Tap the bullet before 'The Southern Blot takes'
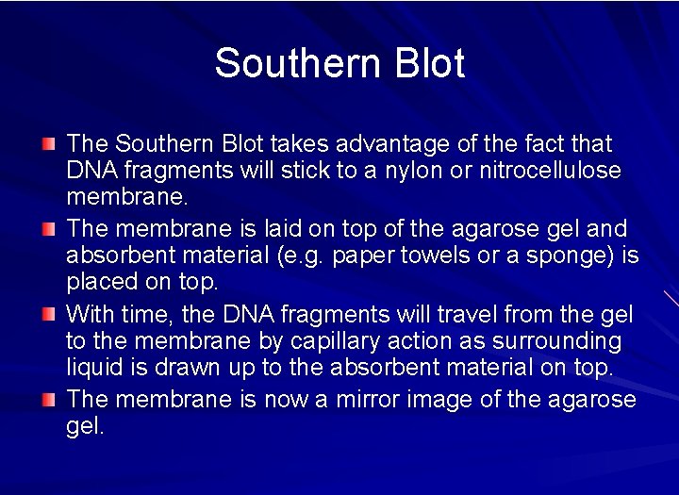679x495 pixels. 49,144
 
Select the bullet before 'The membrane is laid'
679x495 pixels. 49,229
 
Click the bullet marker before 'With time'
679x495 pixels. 49,314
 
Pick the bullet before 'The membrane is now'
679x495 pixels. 49,399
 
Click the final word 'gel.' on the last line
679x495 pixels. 85,426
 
